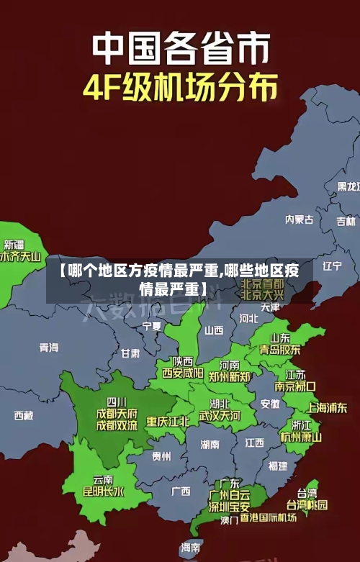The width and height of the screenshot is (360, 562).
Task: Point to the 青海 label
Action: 49,348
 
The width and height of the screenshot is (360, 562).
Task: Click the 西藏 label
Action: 24,415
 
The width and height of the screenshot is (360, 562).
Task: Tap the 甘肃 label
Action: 130,353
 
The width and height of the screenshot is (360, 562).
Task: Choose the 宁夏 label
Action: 152,326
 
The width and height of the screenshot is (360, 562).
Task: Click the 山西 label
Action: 214,330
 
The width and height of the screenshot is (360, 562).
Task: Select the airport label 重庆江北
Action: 168,421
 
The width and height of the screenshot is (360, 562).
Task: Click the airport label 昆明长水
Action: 103,492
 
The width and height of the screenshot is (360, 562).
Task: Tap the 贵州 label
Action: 161,456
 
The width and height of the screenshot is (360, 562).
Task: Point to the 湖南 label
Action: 210,444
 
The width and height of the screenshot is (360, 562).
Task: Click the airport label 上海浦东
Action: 327,407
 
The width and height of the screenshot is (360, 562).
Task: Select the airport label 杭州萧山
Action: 301,436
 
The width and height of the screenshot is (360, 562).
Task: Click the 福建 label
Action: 277,466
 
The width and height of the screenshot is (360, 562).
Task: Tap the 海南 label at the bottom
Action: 191,548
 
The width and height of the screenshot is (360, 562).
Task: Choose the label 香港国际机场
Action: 269,517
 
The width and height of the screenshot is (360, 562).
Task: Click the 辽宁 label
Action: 332,266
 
